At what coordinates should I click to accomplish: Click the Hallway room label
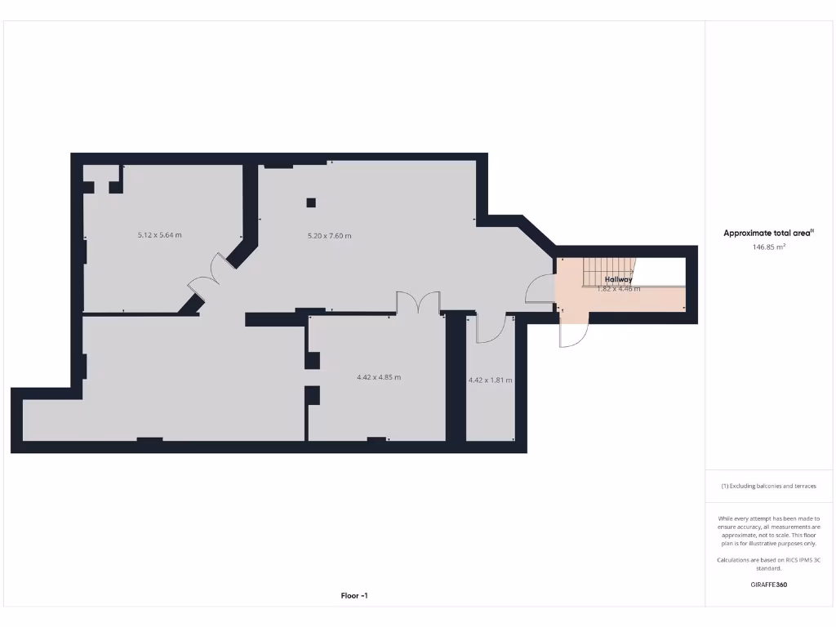[x=618, y=279]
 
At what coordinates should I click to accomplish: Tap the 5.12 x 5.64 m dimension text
[x=159, y=235]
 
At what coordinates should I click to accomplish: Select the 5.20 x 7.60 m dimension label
[x=329, y=236]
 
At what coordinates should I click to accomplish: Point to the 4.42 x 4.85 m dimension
[x=379, y=377]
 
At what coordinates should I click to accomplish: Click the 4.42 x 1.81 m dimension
[x=490, y=380]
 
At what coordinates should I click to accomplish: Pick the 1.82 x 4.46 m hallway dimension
[x=618, y=289]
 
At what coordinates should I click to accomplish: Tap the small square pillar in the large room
[x=311, y=202]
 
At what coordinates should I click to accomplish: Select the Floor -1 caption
[x=354, y=596]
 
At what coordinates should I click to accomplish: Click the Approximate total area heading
[x=768, y=233]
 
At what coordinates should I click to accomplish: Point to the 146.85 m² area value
[x=768, y=246]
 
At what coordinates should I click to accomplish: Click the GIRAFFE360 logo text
[x=768, y=585]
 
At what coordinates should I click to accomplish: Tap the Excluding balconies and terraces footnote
[x=768, y=486]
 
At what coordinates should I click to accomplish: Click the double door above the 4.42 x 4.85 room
[x=418, y=303]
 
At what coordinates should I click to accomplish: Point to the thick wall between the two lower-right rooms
[x=455, y=377]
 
